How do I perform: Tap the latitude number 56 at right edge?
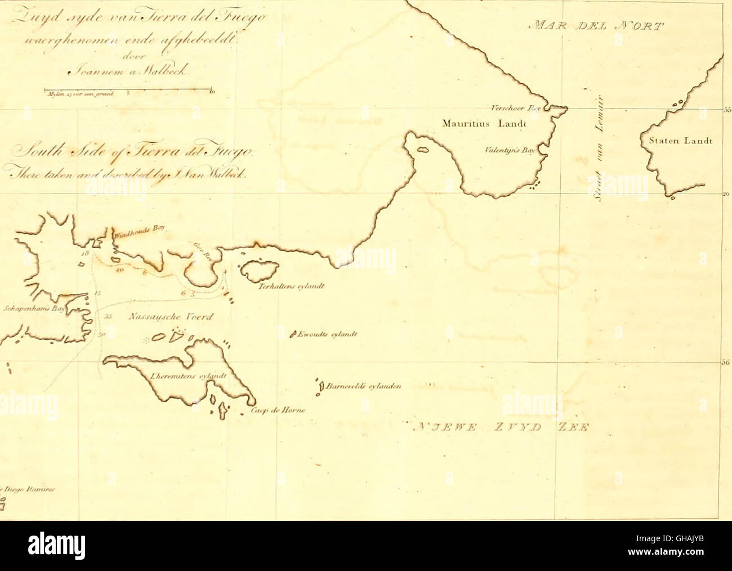coord(726,363)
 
